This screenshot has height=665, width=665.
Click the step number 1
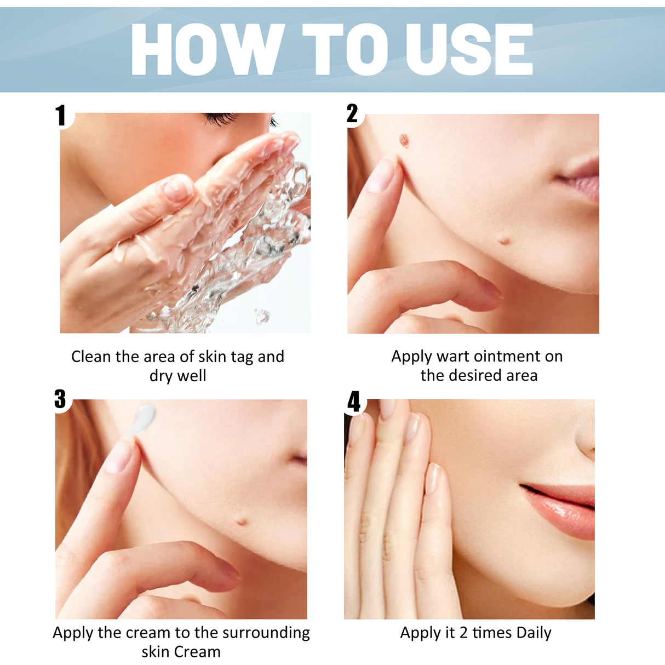pyautogui.click(x=61, y=116)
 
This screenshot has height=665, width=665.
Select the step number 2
pyautogui.click(x=352, y=114)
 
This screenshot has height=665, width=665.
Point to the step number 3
pyautogui.click(x=60, y=399)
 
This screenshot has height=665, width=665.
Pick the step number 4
pyautogui.click(x=354, y=402)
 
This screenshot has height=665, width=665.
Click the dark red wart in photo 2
pyautogui.click(x=404, y=140)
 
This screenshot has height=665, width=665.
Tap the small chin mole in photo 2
pyautogui.click(x=503, y=239)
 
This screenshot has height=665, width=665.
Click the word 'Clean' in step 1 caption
pyautogui.click(x=91, y=357)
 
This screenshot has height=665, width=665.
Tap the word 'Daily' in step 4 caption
pyautogui.click(x=534, y=633)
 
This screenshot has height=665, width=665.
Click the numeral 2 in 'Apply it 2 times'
pyautogui.click(x=463, y=633)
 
